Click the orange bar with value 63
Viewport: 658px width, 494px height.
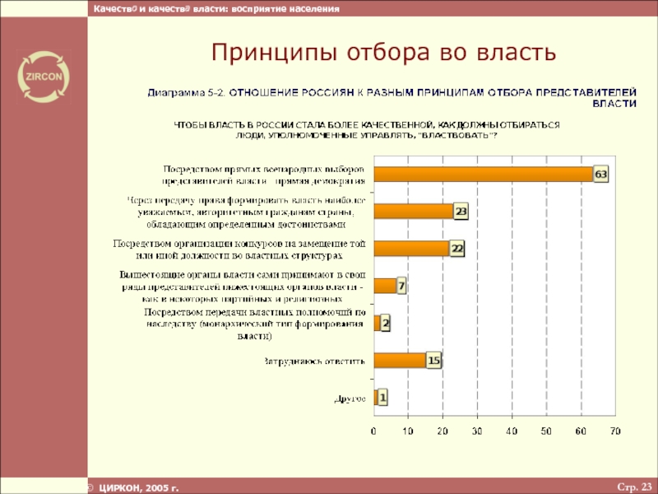tap(484, 175)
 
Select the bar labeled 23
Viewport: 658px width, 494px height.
tap(414, 212)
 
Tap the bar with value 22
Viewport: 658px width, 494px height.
tap(411, 249)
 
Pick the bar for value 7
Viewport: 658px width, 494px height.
tap(385, 287)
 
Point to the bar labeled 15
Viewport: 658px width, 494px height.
tap(400, 360)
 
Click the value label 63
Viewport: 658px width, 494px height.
tap(601, 175)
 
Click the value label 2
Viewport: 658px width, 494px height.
tap(385, 324)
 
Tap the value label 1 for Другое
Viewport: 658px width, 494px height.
tap(382, 398)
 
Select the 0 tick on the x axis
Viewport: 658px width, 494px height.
tap(374, 431)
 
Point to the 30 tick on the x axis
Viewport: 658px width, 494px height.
tap(477, 431)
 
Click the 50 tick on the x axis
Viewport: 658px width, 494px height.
tap(546, 431)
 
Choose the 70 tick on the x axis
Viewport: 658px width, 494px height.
tap(614, 431)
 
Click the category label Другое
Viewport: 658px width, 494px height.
tap(350, 398)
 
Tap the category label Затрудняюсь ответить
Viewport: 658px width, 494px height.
tap(313, 361)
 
